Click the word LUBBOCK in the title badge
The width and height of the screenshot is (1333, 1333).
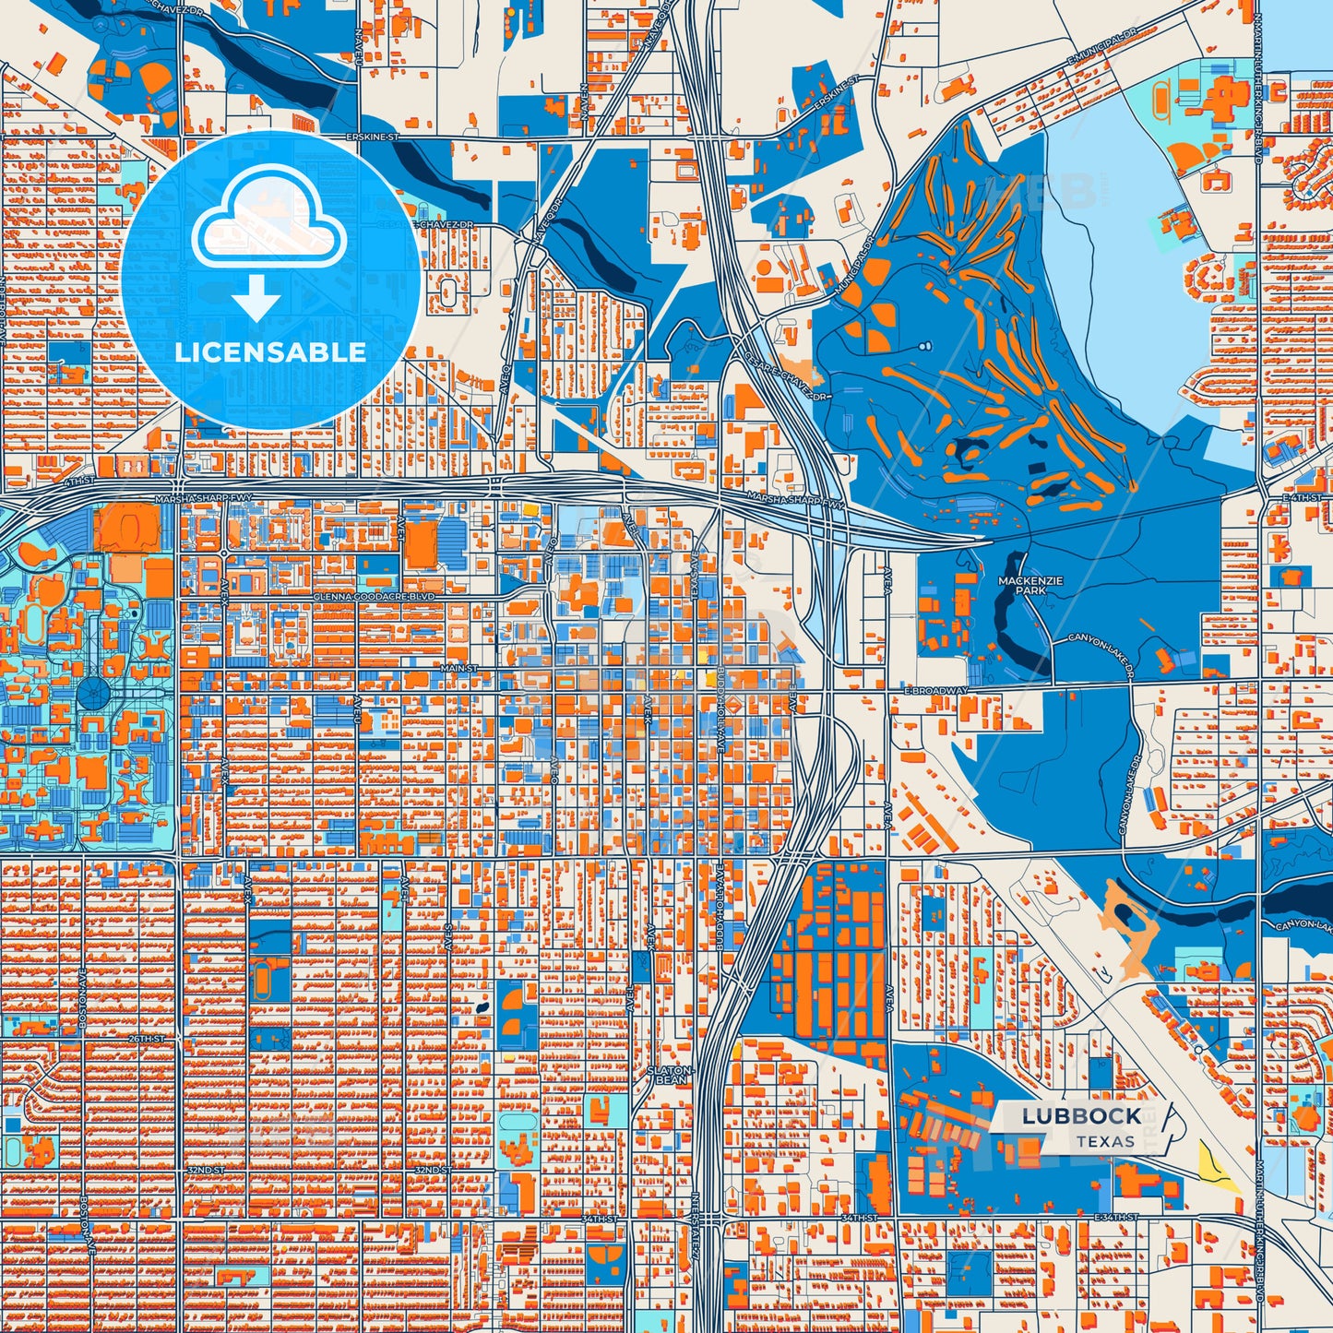click(x=1081, y=1116)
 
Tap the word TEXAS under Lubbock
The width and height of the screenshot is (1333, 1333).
click(x=1105, y=1141)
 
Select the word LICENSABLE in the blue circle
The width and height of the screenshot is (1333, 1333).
click(x=270, y=352)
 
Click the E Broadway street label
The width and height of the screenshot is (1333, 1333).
click(x=934, y=690)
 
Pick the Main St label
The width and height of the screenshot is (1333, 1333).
click(x=458, y=667)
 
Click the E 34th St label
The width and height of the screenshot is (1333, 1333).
click(x=1114, y=1219)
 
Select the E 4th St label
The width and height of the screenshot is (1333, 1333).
click(x=1295, y=498)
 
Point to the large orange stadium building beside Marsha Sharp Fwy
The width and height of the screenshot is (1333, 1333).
click(x=126, y=528)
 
